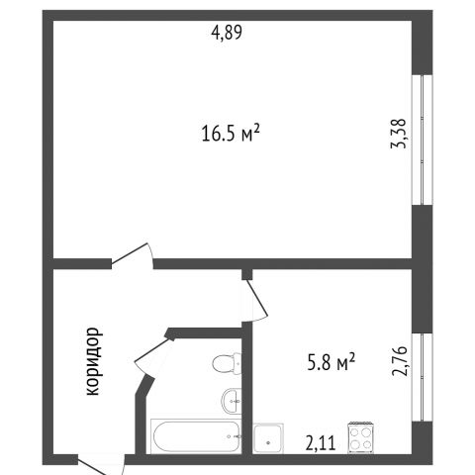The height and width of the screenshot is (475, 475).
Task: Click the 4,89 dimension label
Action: [x=227, y=33]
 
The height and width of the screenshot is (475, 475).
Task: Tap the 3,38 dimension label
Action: [x=399, y=134]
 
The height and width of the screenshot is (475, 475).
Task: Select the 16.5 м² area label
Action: [x=231, y=133]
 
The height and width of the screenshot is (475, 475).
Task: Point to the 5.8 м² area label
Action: [x=331, y=362]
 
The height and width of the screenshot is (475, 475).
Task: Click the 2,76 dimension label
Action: [x=400, y=361]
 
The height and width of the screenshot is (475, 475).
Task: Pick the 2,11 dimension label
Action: [x=321, y=443]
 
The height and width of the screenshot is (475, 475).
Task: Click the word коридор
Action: [x=92, y=361]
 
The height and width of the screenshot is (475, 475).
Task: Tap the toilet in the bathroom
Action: [x=227, y=364]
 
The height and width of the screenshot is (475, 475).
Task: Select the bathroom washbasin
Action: [x=232, y=401]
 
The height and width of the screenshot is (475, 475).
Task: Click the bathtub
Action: [x=196, y=436]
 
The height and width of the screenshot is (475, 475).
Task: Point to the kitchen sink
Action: [x=268, y=438]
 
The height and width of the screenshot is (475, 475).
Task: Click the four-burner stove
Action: [x=360, y=437]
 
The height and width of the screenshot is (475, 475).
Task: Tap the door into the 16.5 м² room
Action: [x=133, y=256]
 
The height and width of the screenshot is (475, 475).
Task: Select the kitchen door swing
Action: [x=254, y=300]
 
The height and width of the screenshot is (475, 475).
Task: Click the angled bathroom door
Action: [x=152, y=353]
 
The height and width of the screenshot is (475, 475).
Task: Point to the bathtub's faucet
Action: [x=234, y=436]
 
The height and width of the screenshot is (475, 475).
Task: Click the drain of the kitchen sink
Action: [x=268, y=442]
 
